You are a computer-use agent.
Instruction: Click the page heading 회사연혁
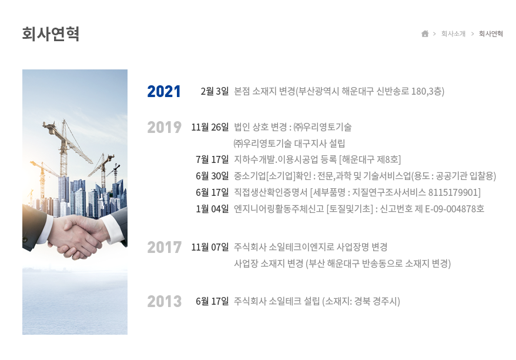(x=51, y=34)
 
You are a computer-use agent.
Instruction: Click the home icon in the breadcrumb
(x=425, y=34)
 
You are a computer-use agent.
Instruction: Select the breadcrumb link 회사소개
(x=453, y=34)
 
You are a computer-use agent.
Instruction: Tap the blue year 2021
(x=164, y=92)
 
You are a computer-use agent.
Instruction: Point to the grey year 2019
(x=164, y=128)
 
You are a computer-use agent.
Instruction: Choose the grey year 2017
(x=164, y=248)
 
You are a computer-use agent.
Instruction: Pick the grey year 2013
(x=164, y=301)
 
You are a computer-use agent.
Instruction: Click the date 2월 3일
(x=215, y=91)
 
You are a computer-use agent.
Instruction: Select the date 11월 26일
(x=210, y=127)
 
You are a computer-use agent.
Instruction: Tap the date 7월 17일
(x=212, y=160)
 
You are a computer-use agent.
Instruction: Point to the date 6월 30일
(x=212, y=176)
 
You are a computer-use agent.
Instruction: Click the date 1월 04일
(x=212, y=209)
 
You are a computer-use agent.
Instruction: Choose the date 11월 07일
(x=210, y=247)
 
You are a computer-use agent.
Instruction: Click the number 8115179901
(x=453, y=192)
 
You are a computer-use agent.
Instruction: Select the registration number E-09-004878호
(x=454, y=209)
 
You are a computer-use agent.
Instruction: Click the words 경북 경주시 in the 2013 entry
(x=375, y=301)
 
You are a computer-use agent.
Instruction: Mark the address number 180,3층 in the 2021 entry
(x=426, y=91)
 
